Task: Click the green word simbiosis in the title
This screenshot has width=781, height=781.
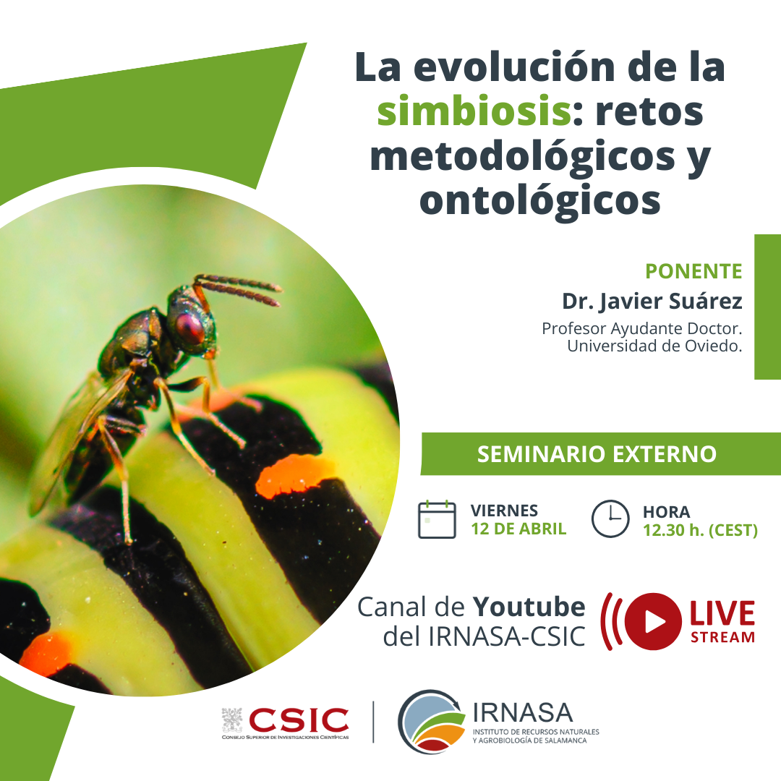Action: pyautogui.click(x=474, y=111)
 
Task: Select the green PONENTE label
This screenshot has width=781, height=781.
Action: pyautogui.click(x=693, y=271)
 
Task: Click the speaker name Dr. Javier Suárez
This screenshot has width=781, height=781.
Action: pyautogui.click(x=652, y=301)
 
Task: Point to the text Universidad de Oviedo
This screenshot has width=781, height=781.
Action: pyautogui.click(x=654, y=346)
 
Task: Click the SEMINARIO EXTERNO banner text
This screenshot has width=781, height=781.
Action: pyautogui.click(x=597, y=453)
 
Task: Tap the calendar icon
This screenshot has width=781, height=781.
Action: pyautogui.click(x=437, y=519)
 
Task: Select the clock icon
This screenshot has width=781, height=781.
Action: pyautogui.click(x=610, y=518)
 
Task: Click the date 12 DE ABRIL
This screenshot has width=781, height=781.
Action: pyautogui.click(x=518, y=529)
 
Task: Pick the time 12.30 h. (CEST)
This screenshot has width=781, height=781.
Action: pyautogui.click(x=700, y=530)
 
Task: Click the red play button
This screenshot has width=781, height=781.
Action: pyautogui.click(x=653, y=621)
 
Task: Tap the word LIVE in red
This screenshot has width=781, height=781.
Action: pyautogui.click(x=722, y=613)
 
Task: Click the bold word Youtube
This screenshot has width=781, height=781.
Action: pyautogui.click(x=529, y=607)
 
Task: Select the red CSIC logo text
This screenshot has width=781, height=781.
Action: pyautogui.click(x=299, y=720)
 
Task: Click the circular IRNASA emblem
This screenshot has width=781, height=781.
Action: pyautogui.click(x=431, y=722)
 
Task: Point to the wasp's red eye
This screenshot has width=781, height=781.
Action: pyautogui.click(x=189, y=328)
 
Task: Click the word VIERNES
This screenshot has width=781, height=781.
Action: pyautogui.click(x=504, y=511)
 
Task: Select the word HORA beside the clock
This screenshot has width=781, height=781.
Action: pyautogui.click(x=667, y=512)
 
